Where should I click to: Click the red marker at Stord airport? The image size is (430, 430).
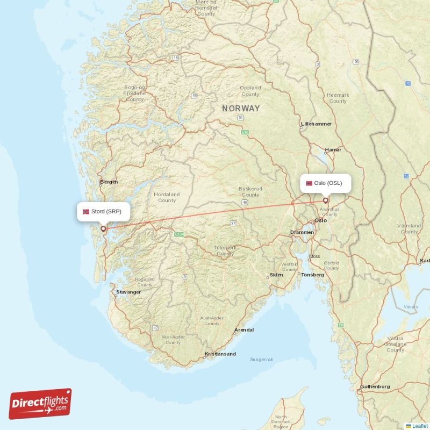[103, 228]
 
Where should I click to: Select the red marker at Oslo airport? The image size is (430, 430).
[325, 200]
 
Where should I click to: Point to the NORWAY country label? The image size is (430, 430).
[241, 109]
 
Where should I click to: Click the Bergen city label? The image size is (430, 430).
[109, 182]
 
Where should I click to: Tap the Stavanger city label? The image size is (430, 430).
[128, 292]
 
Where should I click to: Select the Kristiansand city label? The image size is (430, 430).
[220, 354]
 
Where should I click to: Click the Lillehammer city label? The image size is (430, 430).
[316, 124]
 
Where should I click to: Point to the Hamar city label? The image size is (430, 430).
[333, 149]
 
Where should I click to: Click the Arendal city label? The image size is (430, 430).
[244, 329]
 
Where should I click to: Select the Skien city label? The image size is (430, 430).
[276, 274]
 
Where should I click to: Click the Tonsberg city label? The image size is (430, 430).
[313, 274]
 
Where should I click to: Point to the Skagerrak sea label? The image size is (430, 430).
[262, 359]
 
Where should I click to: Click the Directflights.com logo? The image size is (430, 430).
[40, 404]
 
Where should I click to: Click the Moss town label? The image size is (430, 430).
[314, 256]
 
